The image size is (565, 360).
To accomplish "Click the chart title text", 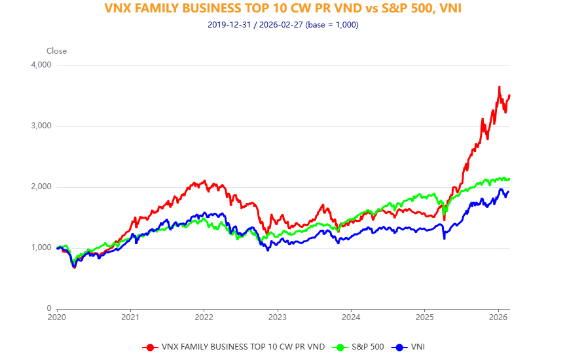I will point(282,9).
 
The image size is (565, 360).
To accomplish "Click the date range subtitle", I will point(282,25).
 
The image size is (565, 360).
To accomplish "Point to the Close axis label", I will point(56,51).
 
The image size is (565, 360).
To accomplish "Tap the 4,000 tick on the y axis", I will point(41,65).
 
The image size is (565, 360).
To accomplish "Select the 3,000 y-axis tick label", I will point(41,126).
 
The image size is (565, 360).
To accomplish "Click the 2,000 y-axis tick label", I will point(41,187).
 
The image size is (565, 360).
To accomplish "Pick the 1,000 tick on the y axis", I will point(41,248).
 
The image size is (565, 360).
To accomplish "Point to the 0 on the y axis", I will point(48,308).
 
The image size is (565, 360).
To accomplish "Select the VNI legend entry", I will point(416,347).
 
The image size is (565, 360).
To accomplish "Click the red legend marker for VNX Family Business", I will point(150,347).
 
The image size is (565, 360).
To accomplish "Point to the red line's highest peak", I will point(499,86).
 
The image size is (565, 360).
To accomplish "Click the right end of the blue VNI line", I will point(509,192).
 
